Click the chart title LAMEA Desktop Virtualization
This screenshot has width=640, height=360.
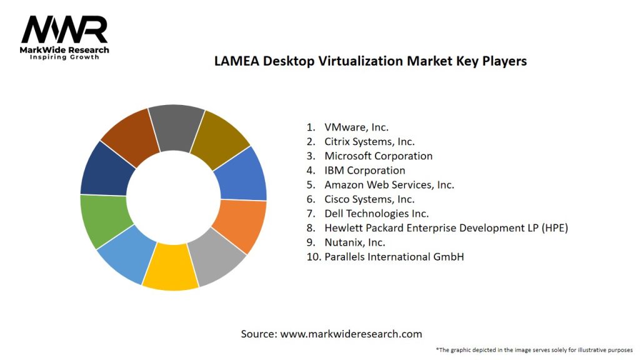(370, 61)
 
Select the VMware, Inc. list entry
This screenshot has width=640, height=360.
(356, 127)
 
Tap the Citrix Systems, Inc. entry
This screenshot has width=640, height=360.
(369, 142)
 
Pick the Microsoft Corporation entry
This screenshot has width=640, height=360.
(378, 156)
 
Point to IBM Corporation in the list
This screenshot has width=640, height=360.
(364, 171)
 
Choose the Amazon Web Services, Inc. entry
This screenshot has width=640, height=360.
(389, 185)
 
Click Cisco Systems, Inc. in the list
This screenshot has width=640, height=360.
(369, 199)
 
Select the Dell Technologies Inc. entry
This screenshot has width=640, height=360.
(376, 214)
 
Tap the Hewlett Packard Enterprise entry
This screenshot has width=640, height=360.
(446, 228)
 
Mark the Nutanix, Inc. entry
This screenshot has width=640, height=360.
(354, 242)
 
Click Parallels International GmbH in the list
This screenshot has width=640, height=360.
(394, 257)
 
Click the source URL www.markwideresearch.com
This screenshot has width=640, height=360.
(351, 334)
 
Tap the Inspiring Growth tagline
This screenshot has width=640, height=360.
(64, 57)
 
